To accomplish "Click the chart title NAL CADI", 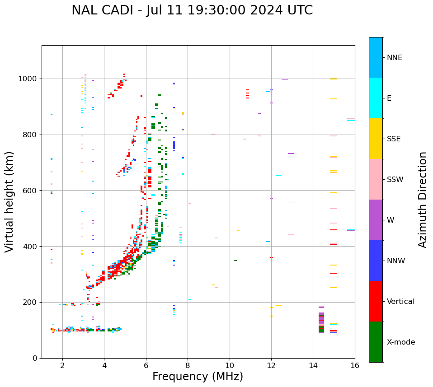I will (192, 10).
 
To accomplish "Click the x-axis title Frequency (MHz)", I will (198, 377).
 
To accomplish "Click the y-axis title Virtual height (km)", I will (10, 201).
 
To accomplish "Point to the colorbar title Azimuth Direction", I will (423, 200).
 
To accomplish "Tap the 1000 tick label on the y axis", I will (28, 79).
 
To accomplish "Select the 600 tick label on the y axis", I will (29, 191).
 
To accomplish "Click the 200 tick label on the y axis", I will (29, 302).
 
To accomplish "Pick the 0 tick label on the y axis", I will (34, 358).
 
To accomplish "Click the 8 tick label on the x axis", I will (188, 365).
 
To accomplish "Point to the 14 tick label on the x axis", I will (313, 365).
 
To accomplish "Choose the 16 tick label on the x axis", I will (354, 365).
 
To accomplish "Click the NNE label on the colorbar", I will (395, 58).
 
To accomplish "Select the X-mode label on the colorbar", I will (401, 342).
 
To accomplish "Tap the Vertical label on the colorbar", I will (401, 302).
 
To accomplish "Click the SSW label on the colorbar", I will (395, 180).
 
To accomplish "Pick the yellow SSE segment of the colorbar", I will (376, 139).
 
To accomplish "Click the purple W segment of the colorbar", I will (376, 220).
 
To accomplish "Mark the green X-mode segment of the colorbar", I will (376, 342).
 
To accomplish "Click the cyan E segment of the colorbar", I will (376, 98).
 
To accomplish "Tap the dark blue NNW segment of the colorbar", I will (376, 261).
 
